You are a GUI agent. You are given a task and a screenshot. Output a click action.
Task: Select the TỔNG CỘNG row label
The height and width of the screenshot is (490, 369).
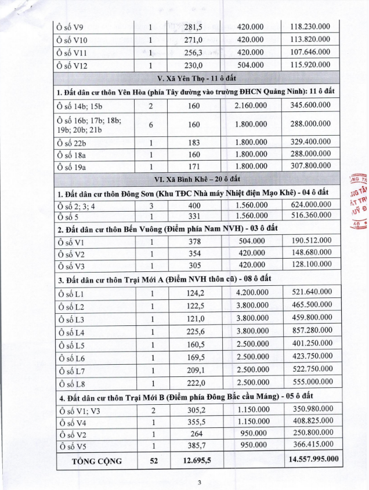(97, 461)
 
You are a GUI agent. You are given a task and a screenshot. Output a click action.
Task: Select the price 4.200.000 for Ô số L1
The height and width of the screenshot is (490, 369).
(251, 294)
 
